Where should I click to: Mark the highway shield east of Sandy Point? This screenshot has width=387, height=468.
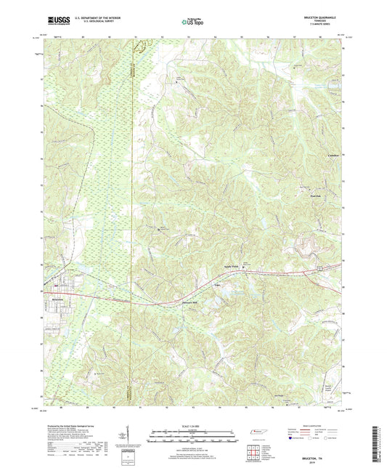coord(319,269)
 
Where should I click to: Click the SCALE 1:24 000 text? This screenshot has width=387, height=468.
coord(193,426)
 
